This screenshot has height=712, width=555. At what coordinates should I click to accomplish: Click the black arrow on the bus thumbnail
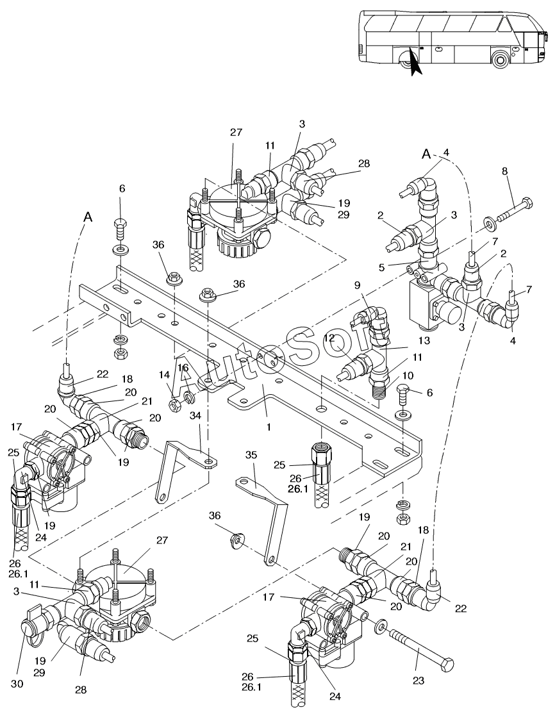pos(415,62)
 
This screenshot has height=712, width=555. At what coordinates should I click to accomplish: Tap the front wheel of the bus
pos(501,60)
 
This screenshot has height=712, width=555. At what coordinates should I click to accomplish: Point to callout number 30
pos(17,684)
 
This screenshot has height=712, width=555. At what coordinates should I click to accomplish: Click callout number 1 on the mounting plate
pos(269,427)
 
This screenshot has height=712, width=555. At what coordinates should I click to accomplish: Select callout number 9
pos(358,285)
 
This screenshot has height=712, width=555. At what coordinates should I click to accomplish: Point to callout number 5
pos(381,267)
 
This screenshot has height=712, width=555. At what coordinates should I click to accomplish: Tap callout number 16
pos(183,367)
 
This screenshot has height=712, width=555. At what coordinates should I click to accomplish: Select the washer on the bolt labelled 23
pos(379,626)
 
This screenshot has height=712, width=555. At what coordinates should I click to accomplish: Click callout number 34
pos(195,416)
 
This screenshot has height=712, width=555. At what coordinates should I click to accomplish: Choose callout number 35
pos(251,454)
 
